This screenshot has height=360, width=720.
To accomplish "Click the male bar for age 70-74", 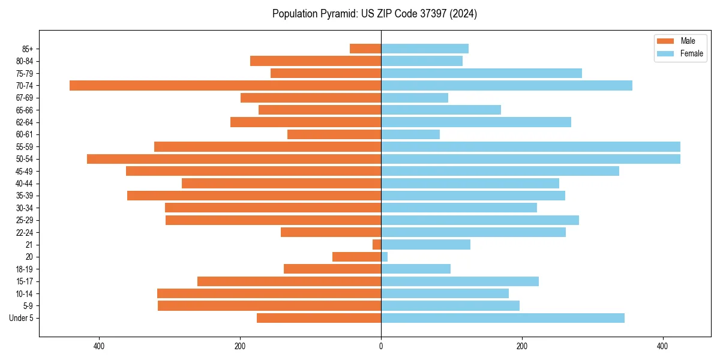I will pyautogui.click(x=225, y=85).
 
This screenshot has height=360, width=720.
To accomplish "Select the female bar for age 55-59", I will pyautogui.click(x=530, y=146).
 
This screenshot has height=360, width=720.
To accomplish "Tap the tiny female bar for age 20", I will pyautogui.click(x=384, y=257).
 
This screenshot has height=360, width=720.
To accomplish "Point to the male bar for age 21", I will pyautogui.click(x=377, y=245).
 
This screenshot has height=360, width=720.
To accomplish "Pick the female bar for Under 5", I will pyautogui.click(x=503, y=318).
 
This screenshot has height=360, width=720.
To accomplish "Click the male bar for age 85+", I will pyautogui.click(x=365, y=49).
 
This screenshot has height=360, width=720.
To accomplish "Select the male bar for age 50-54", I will pyautogui.click(x=234, y=159).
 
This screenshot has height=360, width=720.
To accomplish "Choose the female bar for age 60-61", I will pyautogui.click(x=410, y=134).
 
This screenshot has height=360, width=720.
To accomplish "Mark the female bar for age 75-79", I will pyautogui.click(x=481, y=73).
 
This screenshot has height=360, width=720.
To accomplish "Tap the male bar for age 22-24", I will pyautogui.click(x=331, y=232).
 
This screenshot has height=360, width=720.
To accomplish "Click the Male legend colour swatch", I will pyautogui.click(x=665, y=41).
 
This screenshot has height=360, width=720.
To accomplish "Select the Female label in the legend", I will pyautogui.click(x=691, y=53).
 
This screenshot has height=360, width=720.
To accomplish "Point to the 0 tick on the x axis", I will pyautogui.click(x=381, y=346).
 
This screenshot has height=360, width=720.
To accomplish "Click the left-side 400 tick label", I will pyautogui.click(x=99, y=346).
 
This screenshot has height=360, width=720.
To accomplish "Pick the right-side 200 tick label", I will pyautogui.click(x=522, y=346).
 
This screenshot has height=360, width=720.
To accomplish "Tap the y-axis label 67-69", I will pyautogui.click(x=25, y=98).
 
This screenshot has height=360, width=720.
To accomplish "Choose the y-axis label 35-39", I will pyautogui.click(x=25, y=196).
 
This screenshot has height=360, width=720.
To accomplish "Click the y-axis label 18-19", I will pyautogui.click(x=25, y=269).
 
